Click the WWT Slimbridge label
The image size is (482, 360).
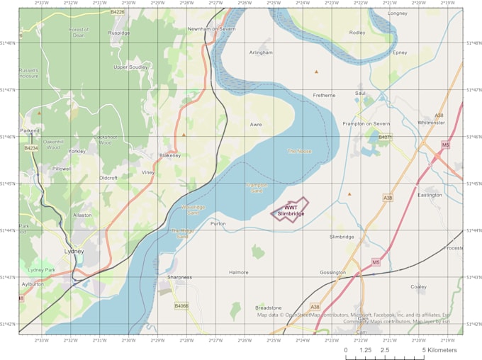tap(291, 210)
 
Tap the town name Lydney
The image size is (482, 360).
tap(74, 251)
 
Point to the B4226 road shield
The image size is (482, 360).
tap(118, 12)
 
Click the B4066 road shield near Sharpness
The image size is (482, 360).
tap(181, 305)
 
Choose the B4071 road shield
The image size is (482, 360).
tap(385, 137)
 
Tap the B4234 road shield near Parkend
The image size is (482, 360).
tap(30, 148)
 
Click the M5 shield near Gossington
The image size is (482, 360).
tap(376, 262)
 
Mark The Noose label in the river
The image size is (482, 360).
tap(299, 151)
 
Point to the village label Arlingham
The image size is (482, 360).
tap(262, 52)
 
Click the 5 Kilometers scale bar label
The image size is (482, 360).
tap(439, 350)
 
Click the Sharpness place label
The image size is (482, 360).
tap(180, 277)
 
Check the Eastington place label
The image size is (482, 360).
tap(430, 195)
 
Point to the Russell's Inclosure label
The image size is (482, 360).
tap(28, 73)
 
